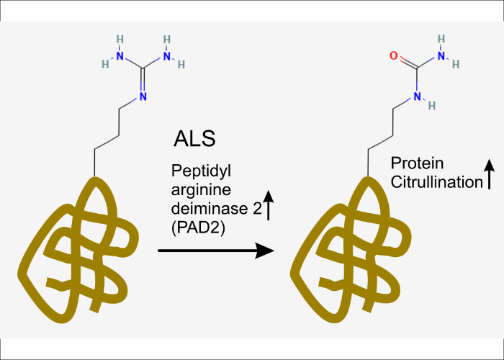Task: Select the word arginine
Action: point(194,188)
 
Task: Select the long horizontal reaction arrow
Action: point(216,251)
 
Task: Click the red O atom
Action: point(393,55)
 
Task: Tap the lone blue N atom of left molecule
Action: point(143,96)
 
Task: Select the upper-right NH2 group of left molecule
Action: point(170,53)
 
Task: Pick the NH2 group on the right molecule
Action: point(445,52)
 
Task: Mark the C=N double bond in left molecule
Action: point(143,82)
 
